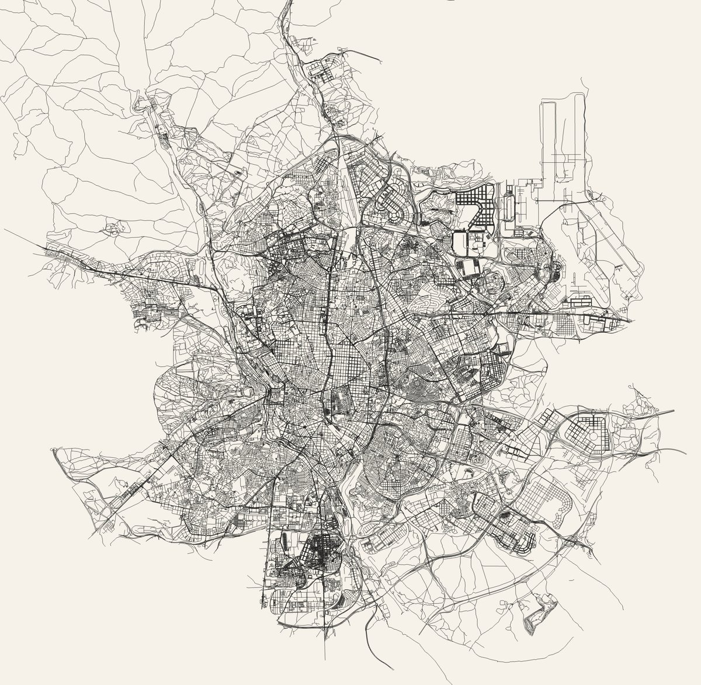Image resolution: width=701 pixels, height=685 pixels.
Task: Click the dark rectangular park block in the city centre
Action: point(337,403)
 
